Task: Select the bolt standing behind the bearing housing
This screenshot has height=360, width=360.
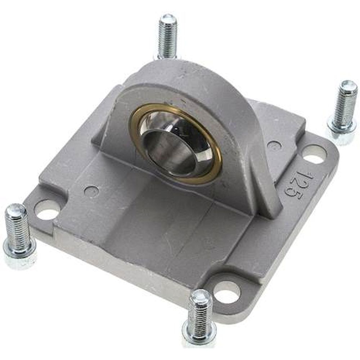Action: coord(167,36)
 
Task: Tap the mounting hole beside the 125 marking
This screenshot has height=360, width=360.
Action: coord(314,154)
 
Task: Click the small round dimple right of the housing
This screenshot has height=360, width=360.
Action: coord(274,146)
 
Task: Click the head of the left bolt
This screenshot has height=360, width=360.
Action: coord(20,254)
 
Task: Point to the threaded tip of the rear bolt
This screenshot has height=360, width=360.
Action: coord(168,18)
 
